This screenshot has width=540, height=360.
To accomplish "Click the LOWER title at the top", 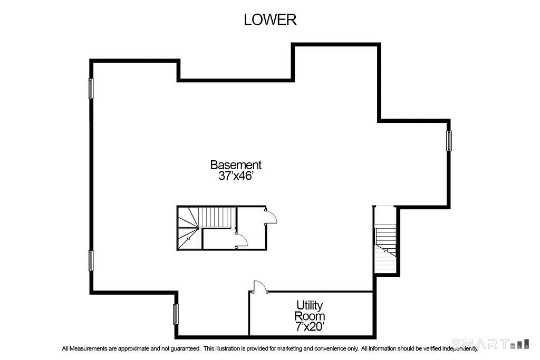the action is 270,20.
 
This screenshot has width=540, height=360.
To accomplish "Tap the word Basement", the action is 236,165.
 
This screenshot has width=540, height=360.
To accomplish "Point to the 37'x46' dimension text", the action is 236,176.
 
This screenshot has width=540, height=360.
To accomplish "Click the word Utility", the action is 310,305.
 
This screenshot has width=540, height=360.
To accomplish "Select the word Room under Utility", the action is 310,316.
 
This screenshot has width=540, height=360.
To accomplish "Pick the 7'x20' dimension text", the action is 310,327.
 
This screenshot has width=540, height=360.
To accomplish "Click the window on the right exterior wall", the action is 449,141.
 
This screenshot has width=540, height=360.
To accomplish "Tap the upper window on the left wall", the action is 91,89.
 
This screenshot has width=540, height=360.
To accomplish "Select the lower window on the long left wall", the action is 91,260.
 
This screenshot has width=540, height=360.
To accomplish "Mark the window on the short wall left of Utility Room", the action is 176,314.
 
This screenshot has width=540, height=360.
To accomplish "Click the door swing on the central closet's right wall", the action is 271,216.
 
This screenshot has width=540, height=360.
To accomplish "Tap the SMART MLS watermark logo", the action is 490,344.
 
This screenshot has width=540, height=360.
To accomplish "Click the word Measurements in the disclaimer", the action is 88,348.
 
